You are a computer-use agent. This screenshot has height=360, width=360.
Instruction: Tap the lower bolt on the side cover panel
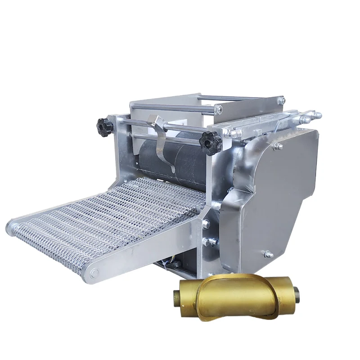269,254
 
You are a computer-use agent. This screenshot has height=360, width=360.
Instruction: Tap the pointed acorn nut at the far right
317,115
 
